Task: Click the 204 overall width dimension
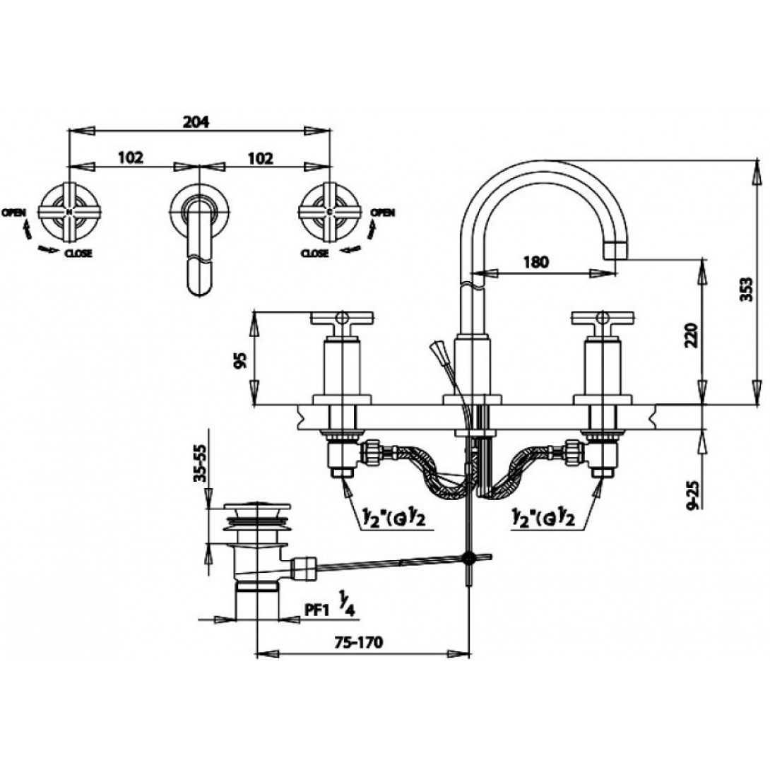[x=197, y=121]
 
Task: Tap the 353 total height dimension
[x=754, y=288]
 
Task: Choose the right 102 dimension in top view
[x=260, y=158]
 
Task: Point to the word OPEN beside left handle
[x=15, y=212]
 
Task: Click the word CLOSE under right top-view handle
[x=314, y=253]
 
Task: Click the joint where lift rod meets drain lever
[x=468, y=557]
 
